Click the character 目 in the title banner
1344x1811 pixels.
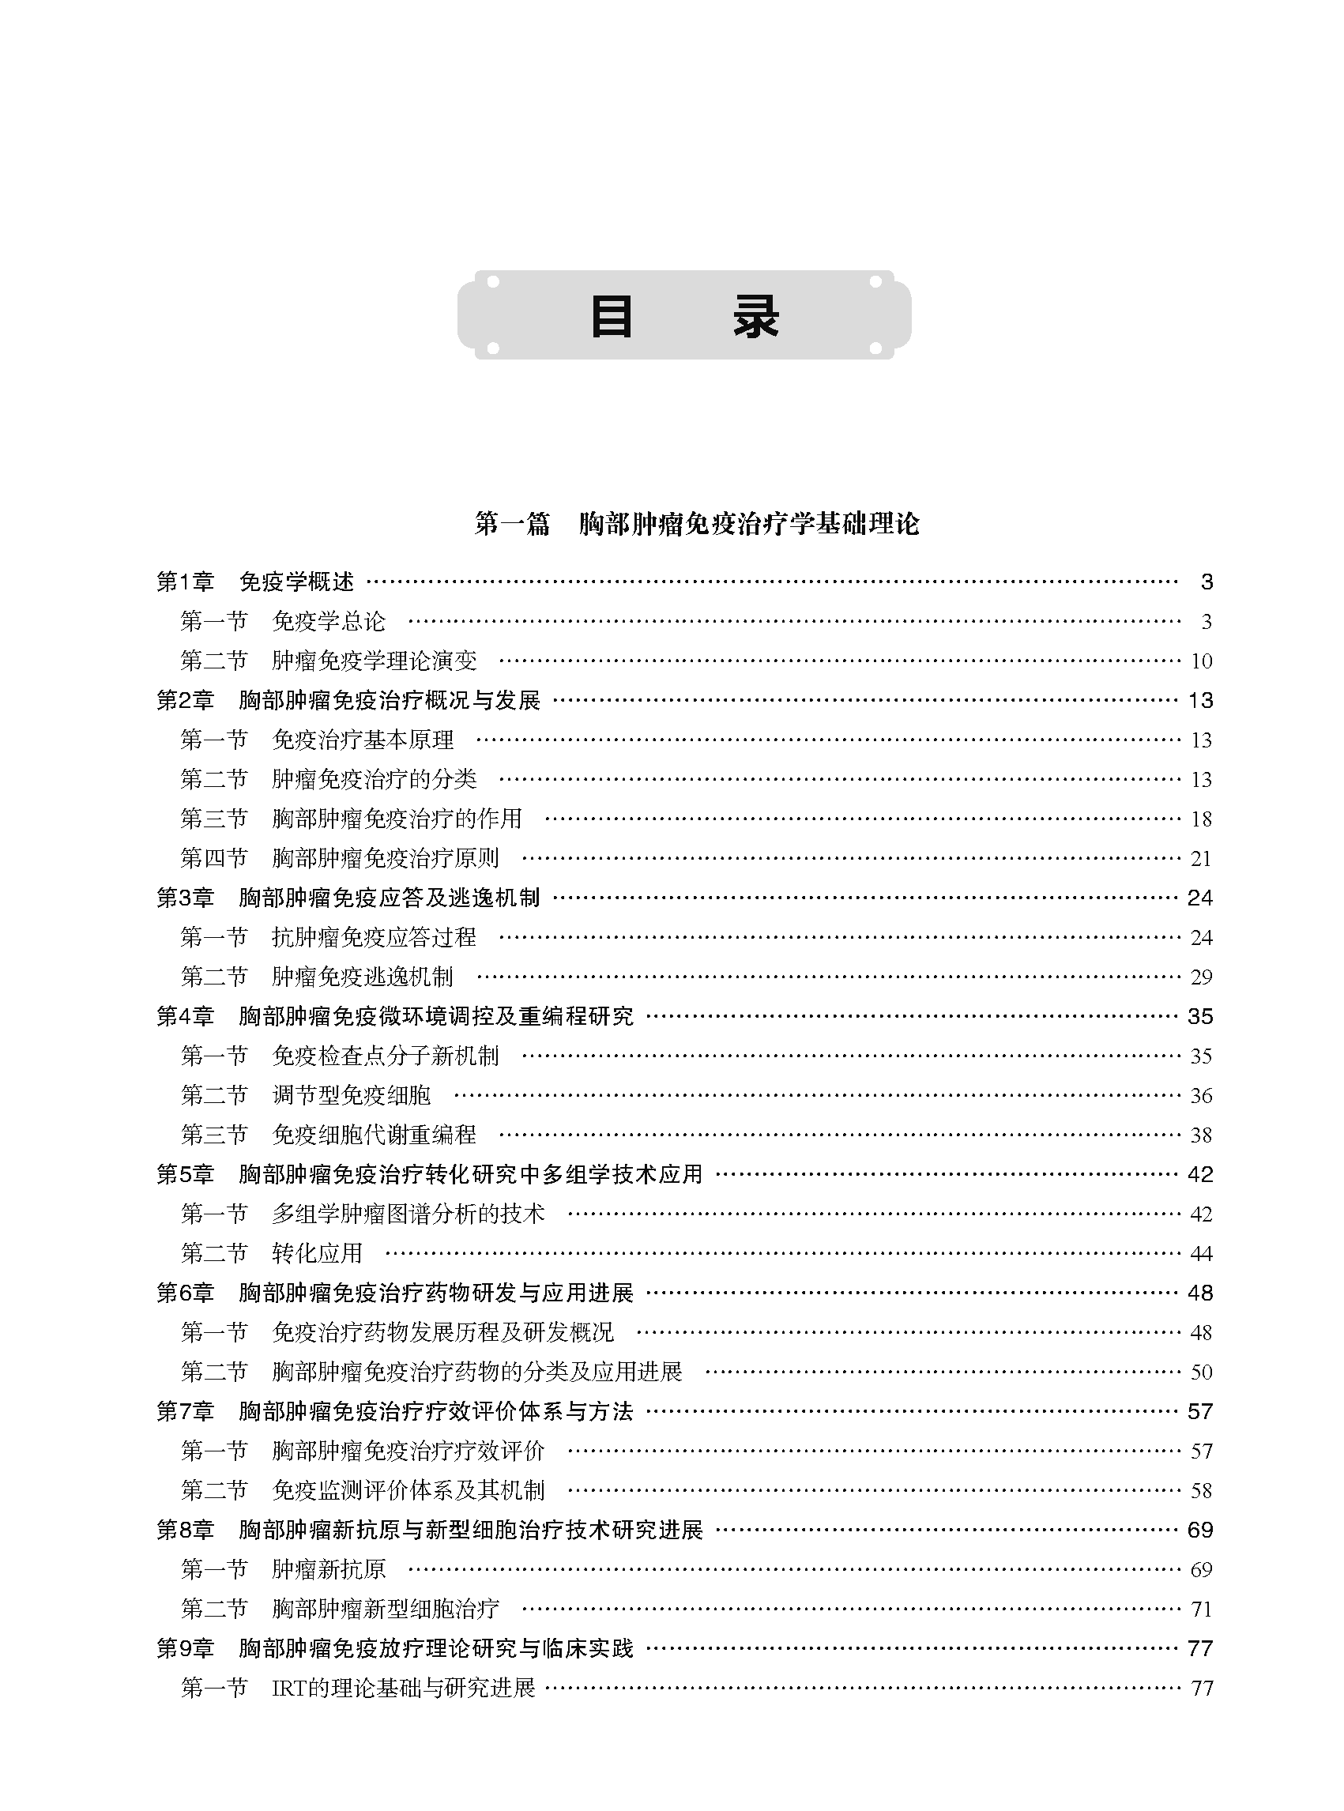611,317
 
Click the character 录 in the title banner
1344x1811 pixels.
756,317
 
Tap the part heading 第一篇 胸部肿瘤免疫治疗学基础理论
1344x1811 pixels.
696,524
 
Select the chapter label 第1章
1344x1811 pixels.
186,582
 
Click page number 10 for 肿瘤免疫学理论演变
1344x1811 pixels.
1201,661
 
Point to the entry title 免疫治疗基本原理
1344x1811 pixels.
363,740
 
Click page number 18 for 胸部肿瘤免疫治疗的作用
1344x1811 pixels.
1201,819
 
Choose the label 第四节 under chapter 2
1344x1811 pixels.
214,858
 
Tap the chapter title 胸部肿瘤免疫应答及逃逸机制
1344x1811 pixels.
389,898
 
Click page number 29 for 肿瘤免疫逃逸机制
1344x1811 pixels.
1201,977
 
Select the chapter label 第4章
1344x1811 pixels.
186,1016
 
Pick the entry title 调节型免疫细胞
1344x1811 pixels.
352,1096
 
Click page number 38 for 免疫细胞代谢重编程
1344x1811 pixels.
1201,1135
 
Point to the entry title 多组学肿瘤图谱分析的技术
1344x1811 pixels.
408,1214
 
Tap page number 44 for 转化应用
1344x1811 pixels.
1201,1254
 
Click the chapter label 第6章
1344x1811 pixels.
186,1293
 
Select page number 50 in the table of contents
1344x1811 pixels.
1201,1372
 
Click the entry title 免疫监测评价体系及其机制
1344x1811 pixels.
408,1490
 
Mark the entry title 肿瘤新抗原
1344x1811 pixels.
329,1569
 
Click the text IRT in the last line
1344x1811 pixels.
288,1689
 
